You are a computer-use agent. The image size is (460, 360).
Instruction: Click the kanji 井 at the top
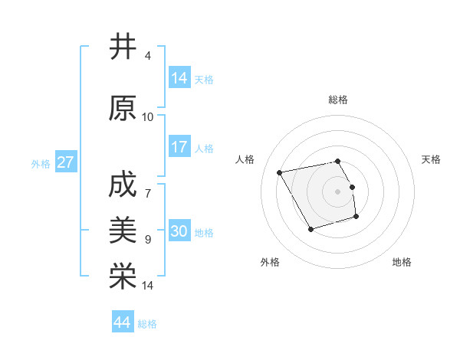click(x=123, y=47)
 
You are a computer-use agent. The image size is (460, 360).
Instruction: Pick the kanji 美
click(x=123, y=229)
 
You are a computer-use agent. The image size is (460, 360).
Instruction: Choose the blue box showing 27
click(x=66, y=162)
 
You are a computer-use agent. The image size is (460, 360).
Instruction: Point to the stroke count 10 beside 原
click(x=148, y=117)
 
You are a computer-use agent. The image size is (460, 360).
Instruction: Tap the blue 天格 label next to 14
click(x=204, y=79)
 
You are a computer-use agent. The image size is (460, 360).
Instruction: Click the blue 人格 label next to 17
click(x=204, y=149)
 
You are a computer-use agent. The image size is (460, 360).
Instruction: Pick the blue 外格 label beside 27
click(x=41, y=164)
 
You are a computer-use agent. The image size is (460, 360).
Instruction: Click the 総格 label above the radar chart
click(x=338, y=100)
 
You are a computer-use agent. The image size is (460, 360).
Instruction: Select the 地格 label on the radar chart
click(x=402, y=262)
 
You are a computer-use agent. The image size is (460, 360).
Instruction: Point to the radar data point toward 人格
click(x=280, y=172)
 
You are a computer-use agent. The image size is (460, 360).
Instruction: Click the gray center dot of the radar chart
click(x=338, y=191)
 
